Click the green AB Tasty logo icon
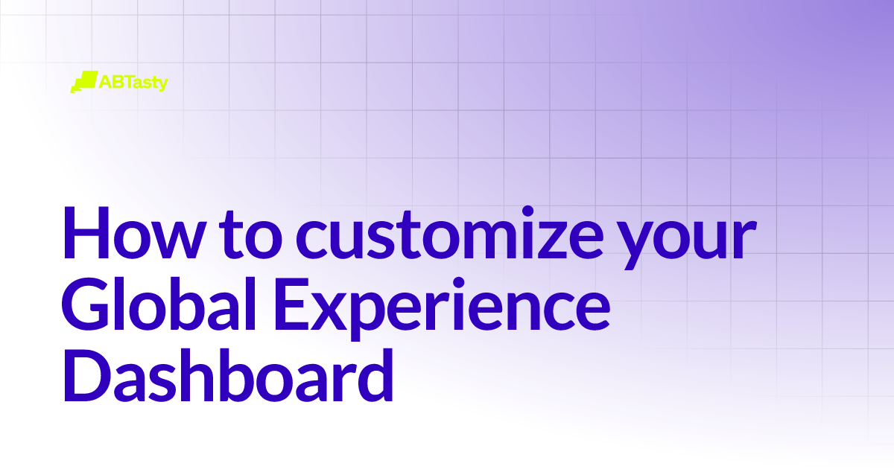tap(83, 81)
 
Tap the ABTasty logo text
tap(133, 82)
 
